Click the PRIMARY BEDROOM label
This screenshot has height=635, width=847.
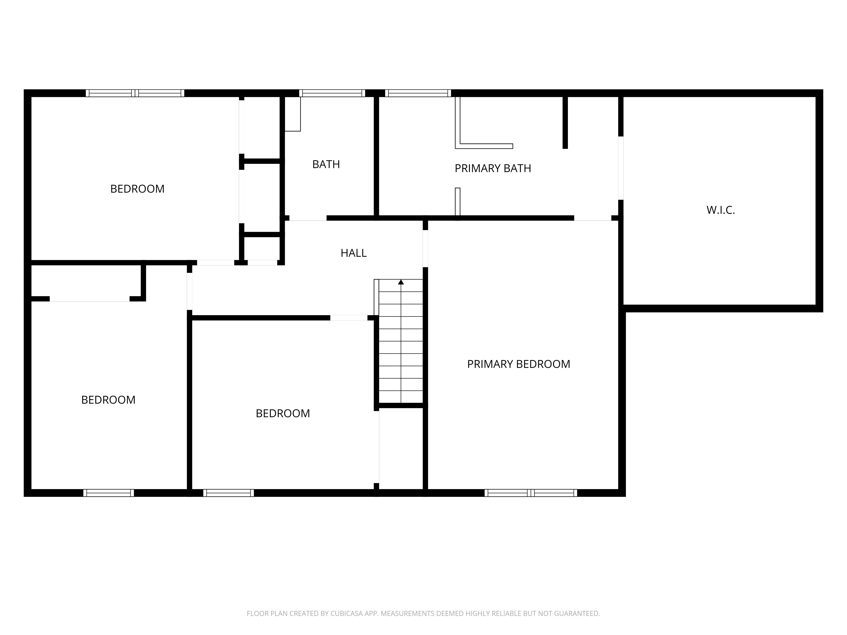518,364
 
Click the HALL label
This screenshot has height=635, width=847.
353,253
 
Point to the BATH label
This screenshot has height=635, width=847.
326,164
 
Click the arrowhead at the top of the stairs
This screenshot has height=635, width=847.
401,282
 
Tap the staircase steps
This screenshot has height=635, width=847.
401,344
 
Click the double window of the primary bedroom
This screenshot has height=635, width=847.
531,493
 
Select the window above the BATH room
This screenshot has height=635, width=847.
332,93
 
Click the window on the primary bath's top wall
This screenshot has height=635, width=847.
418,93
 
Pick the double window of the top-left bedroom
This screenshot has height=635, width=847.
135,93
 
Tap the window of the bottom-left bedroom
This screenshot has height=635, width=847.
108,493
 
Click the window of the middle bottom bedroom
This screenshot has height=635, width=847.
228,493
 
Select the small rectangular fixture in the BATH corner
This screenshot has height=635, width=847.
293,114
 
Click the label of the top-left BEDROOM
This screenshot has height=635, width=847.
137,189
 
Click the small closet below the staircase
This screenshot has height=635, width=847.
401,448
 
